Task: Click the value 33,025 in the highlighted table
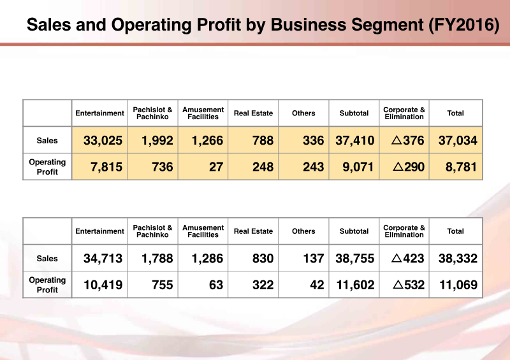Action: (103, 141)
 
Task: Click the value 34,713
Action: (103, 259)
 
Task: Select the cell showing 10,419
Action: (103, 285)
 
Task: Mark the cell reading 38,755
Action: (354, 259)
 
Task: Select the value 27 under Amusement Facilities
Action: (216, 167)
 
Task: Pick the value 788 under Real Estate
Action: (262, 141)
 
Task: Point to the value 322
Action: (262, 285)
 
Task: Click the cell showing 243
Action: (313, 167)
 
